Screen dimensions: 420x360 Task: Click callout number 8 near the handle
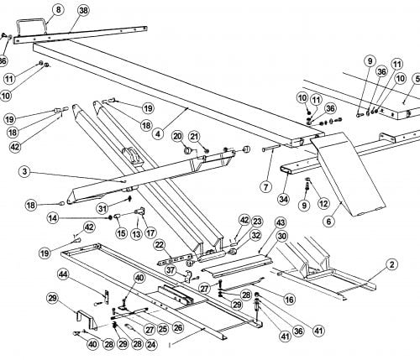pyautogui.click(x=58, y=10)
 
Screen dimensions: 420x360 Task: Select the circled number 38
pyautogui.click(x=83, y=11)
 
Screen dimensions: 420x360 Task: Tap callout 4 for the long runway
pyautogui.click(x=159, y=134)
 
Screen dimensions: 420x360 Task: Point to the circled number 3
pyautogui.click(x=24, y=171)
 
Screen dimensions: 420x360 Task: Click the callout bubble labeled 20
pyautogui.click(x=178, y=137)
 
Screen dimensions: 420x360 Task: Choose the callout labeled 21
pyautogui.click(x=195, y=137)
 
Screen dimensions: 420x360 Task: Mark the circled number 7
pyautogui.click(x=266, y=186)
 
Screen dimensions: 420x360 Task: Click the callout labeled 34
pyautogui.click(x=284, y=199)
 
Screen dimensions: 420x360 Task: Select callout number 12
pyautogui.click(x=323, y=204)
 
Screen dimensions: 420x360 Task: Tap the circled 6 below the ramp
pyautogui.click(x=328, y=222)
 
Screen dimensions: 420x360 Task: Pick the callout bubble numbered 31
pyautogui.click(x=103, y=208)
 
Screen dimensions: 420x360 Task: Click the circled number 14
pyautogui.click(x=53, y=218)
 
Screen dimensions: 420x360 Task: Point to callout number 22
pyautogui.click(x=160, y=245)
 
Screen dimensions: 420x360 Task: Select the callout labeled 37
pyautogui.click(x=171, y=270)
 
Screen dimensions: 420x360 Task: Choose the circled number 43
pyautogui.click(x=281, y=223)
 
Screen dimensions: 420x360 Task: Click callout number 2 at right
pyautogui.click(x=391, y=264)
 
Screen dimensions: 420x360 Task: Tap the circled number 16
pyautogui.click(x=289, y=300)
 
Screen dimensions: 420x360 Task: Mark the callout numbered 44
pyautogui.click(x=63, y=275)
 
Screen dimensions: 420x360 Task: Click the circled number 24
pyautogui.click(x=151, y=344)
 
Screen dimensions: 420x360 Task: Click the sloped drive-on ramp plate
pyautogui.click(x=349, y=175)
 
